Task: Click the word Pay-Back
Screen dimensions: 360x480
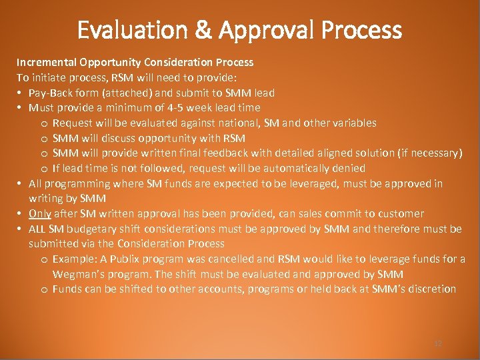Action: [x=50, y=93]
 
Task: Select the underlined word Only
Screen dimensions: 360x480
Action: [x=40, y=213]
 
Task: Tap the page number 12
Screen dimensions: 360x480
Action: [x=438, y=343]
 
